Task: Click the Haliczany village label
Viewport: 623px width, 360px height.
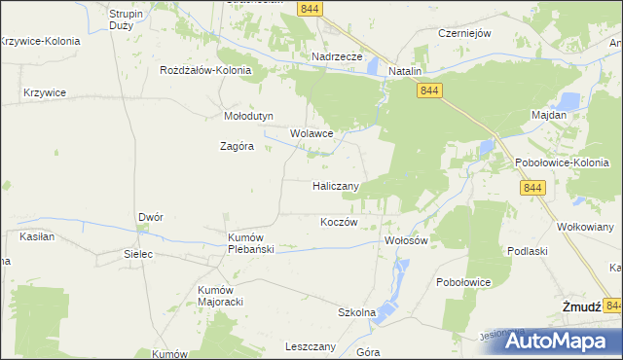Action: tap(336, 186)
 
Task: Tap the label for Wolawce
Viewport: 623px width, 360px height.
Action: tap(311, 133)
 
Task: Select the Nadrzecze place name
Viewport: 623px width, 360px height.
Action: tap(337, 57)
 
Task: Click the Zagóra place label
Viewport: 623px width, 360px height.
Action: tap(237, 147)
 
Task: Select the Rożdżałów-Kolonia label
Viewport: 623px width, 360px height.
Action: tap(206, 71)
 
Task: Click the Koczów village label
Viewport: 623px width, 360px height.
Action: tap(340, 222)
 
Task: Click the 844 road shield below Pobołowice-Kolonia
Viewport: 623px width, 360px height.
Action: tap(531, 188)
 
